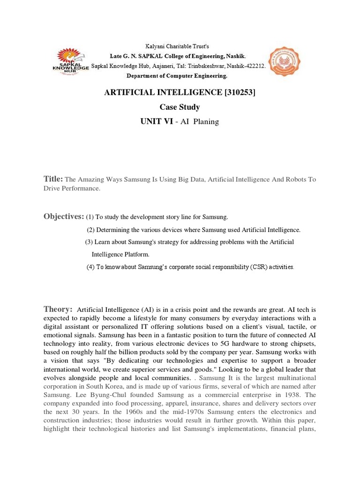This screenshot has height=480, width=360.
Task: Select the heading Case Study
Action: (180, 107)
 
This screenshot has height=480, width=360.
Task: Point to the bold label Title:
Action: (53, 179)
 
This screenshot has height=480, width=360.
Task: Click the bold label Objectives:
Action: (64, 217)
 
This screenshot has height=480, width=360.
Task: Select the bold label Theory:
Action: (58, 309)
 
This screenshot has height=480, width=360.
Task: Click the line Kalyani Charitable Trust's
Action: (180, 46)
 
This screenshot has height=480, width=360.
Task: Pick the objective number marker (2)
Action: (91, 230)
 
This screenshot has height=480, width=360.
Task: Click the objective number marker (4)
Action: (91, 267)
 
